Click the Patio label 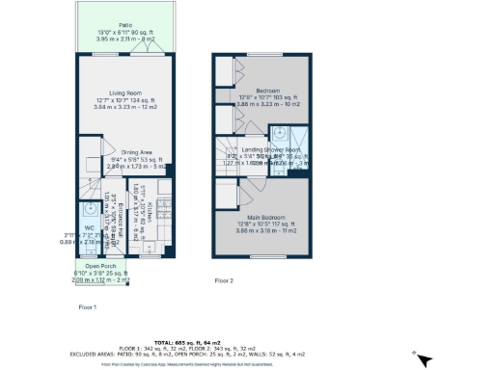[125, 25]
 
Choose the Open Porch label [101, 266]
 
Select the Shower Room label [286, 150]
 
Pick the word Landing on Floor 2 [254, 150]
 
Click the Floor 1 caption [88, 306]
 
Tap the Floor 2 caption [224, 280]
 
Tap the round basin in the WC [90, 209]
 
